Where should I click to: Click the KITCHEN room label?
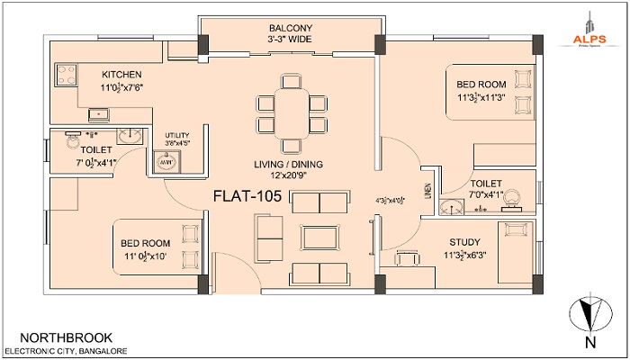120,74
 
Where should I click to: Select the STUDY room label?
465,242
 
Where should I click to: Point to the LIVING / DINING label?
289,164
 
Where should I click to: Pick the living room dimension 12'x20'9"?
289,176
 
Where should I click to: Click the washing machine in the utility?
167,163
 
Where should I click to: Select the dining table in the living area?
290,111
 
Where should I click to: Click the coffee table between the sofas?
320,237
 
